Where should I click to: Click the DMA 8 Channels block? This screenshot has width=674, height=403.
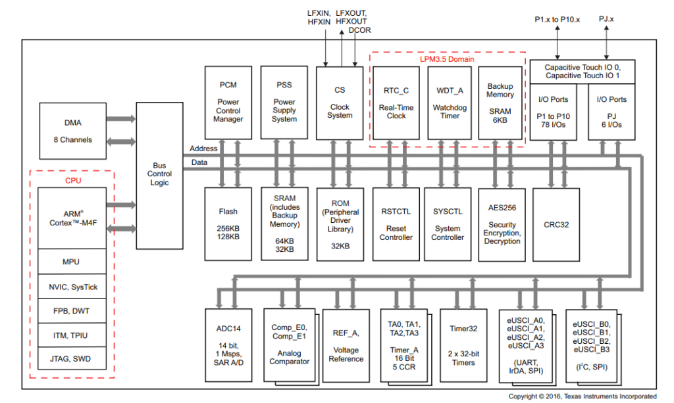tap(72, 131)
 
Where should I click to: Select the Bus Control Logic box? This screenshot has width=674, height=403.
tap(159, 175)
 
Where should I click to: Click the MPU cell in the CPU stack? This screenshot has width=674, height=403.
tap(71, 262)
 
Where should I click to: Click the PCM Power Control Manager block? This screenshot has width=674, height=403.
tap(228, 102)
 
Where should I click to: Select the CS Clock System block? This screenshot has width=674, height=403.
tap(340, 102)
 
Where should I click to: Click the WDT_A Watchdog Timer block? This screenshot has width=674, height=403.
tap(450, 102)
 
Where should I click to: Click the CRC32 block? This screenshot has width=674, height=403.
tap(556, 224)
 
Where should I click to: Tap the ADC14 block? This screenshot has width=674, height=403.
tap(228, 344)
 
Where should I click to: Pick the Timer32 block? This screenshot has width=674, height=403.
tap(463, 344)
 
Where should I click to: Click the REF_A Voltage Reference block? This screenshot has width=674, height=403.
tap(346, 346)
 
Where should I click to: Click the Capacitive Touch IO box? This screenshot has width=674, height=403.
tap(583, 71)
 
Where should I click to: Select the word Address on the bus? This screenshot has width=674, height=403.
tap(203, 149)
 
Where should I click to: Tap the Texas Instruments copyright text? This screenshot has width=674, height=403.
tap(582, 396)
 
